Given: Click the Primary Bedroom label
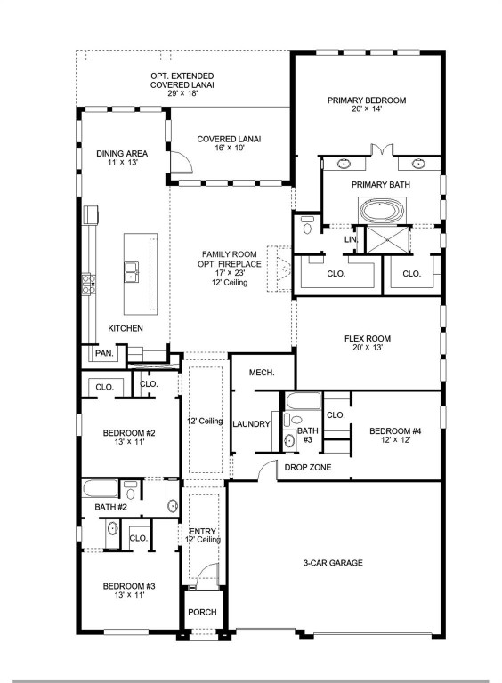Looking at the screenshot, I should click(x=366, y=100).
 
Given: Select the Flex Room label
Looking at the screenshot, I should click(x=367, y=339).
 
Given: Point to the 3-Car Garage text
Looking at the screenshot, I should click(x=332, y=563).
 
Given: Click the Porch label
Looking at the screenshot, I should click(x=200, y=613).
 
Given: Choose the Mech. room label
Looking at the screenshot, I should click(x=261, y=373).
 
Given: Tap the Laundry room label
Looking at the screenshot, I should click(x=251, y=424).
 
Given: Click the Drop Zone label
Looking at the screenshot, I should click(x=306, y=466).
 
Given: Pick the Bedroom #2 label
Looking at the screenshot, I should click(x=129, y=433).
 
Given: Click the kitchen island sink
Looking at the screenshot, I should click(x=131, y=270).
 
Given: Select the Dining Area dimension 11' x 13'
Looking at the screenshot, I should click(x=122, y=164).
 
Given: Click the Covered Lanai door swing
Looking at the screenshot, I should click(x=181, y=160).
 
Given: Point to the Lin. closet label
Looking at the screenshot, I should click(x=351, y=239).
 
